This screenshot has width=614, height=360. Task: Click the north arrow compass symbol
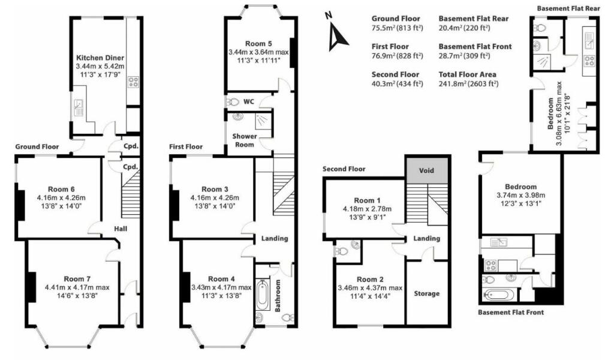click(x=337, y=37)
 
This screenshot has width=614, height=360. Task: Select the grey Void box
click(x=426, y=170)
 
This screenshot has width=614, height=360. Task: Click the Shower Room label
click(x=245, y=140)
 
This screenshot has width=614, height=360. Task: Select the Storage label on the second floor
click(x=426, y=293)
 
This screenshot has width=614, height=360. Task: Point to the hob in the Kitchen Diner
click(x=133, y=82)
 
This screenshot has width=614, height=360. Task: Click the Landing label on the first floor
click(x=275, y=238)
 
